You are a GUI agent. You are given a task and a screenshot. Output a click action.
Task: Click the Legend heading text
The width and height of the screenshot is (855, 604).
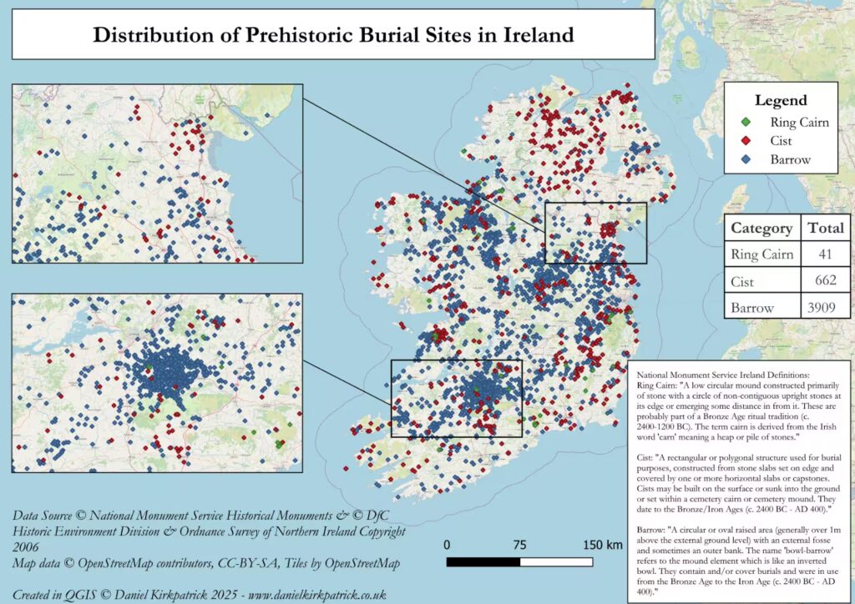tap(781, 100)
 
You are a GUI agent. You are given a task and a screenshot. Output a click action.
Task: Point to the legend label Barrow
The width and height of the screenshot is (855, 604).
tap(790, 159)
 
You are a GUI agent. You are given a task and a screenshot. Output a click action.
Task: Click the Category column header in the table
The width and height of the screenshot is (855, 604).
tap(761, 228)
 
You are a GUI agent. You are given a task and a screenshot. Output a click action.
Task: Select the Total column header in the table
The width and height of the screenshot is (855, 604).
tap(825, 228)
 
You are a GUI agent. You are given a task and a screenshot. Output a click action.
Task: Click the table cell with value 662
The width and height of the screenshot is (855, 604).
tap(825, 281)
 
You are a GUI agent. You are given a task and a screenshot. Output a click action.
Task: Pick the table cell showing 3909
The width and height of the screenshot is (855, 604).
tap(825, 308)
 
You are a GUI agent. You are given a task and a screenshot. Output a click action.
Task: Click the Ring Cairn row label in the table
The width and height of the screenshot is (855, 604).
tap(761, 254)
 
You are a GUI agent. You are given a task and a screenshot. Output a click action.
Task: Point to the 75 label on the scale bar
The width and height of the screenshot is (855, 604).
tap(519, 545)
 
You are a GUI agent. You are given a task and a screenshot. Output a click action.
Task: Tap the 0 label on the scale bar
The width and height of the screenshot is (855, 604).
tap(447, 545)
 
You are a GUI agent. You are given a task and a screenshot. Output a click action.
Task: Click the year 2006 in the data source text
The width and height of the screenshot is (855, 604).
tap(28, 547)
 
